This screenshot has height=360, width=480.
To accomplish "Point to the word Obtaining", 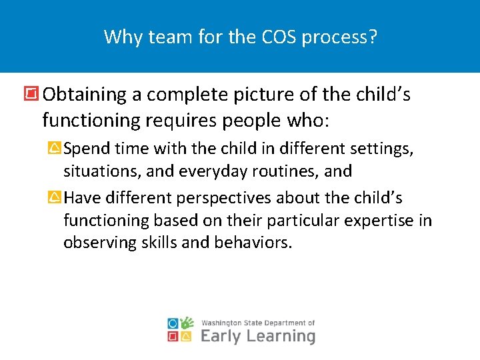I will (83, 95).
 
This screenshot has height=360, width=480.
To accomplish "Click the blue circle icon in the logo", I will (173, 323).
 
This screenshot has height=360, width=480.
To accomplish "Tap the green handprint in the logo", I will (187, 323).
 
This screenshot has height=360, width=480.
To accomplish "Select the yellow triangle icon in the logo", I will (187, 337).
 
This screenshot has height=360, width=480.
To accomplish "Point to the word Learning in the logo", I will (281, 336).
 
